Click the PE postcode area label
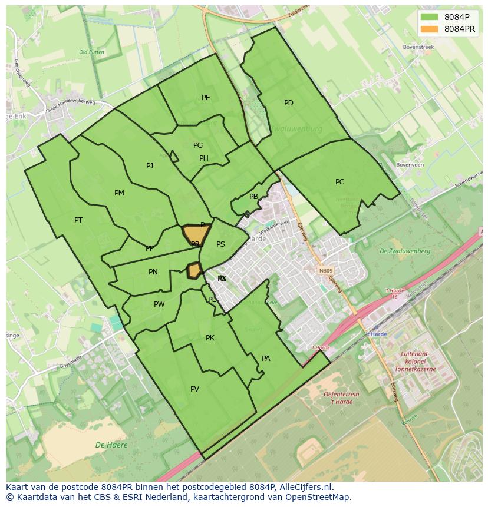[x=206, y=98]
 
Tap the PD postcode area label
[x=289, y=103]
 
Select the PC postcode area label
[x=339, y=182]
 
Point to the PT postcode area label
[x=78, y=220]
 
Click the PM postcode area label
[x=119, y=193]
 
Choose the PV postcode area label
[x=194, y=389]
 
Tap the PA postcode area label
[x=266, y=359]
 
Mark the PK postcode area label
[x=210, y=338]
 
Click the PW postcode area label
[x=159, y=304]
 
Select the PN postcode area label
[x=153, y=272]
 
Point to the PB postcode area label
[x=253, y=197]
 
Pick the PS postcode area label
[x=220, y=244]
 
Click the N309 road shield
[x=326, y=271]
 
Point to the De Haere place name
[x=112, y=445]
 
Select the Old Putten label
[x=91, y=52]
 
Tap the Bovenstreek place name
[x=418, y=47]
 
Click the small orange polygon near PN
[x=194, y=270]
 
